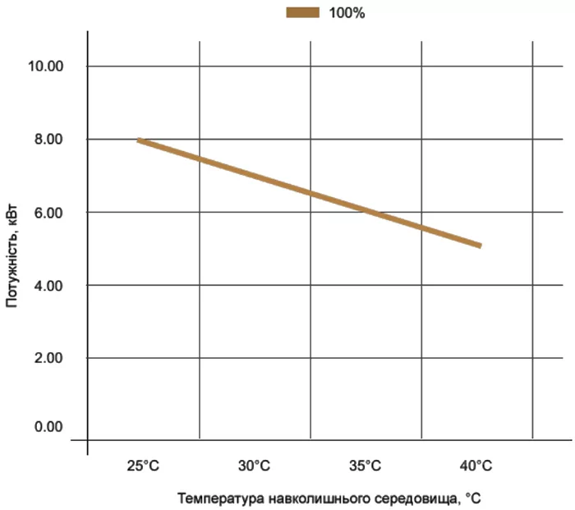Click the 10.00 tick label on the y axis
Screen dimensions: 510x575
[44, 66]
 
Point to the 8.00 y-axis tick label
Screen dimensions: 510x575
[48, 139]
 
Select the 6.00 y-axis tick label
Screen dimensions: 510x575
[48, 212]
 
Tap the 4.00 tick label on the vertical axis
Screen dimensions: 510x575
[48, 285]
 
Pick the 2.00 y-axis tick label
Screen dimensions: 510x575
[48, 358]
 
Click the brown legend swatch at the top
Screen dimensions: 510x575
[302, 12]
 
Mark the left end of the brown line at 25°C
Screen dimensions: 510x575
[140, 140]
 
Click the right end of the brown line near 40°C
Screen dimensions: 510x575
[480, 245]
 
